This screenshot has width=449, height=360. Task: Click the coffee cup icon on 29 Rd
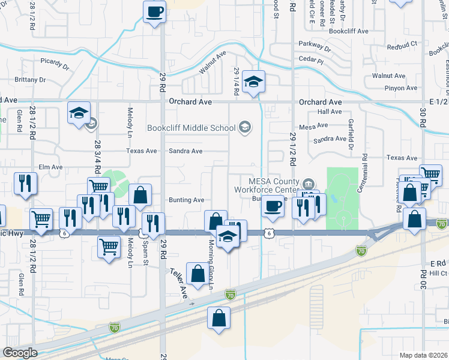pos(154,12)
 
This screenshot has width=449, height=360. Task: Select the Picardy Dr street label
pos(56,61)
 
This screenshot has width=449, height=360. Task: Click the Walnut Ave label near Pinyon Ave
pos(389,76)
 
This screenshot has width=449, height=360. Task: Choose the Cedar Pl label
pos(311,61)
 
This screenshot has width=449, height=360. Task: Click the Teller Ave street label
pos(179,283)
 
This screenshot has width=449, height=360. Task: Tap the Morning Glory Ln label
pos(211,265)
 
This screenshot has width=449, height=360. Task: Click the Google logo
pos(20,353)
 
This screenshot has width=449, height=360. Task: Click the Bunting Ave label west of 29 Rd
pos(187,200)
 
